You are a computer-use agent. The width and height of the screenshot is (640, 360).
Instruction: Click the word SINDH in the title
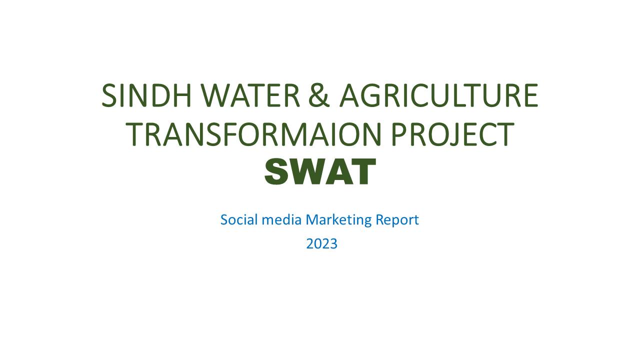tap(146, 95)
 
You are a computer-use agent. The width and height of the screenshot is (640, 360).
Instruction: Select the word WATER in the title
tap(250, 95)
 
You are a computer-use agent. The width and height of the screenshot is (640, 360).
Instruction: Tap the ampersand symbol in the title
tap(319, 95)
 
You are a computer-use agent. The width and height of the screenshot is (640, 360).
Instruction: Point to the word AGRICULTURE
tap(439, 95)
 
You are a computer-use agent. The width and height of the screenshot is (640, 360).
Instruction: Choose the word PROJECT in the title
tap(453, 134)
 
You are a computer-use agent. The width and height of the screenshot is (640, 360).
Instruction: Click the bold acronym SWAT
tap(320, 171)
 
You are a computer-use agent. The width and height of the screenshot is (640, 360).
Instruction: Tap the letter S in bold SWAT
tap(276, 171)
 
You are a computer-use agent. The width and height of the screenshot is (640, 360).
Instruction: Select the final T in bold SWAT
tap(364, 171)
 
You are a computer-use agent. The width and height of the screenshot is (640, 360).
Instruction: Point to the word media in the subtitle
tap(281, 219)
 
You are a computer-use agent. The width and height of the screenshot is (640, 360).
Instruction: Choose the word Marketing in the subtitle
tap(338, 220)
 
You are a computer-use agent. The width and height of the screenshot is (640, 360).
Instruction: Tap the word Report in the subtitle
tap(397, 220)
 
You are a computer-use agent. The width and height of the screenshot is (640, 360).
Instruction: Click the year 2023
tap(321, 244)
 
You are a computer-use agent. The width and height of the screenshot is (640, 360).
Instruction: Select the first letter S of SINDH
tap(109, 95)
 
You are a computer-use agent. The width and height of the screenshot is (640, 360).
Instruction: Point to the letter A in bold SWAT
tap(338, 171)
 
